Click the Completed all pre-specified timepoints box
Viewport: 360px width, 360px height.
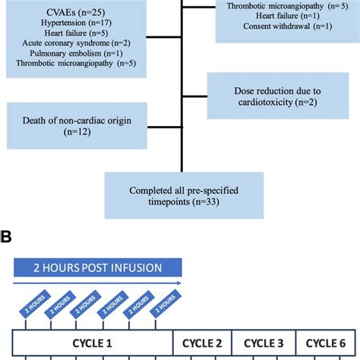(x=184, y=194)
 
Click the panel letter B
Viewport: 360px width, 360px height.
(x=8, y=237)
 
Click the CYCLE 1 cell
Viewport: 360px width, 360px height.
(x=95, y=343)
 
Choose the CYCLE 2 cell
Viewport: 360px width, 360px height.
(x=201, y=343)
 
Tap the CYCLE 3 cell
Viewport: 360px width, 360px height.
(x=261, y=343)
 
